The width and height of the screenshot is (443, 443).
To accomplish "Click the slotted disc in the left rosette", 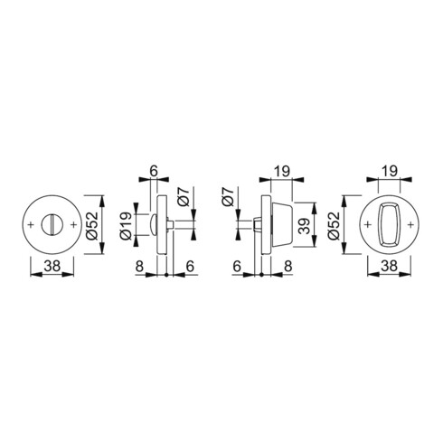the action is (x=52, y=224).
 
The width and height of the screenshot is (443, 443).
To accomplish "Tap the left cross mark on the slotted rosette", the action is (x=30, y=224).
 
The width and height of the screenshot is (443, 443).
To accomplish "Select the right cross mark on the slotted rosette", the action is (x=73, y=224).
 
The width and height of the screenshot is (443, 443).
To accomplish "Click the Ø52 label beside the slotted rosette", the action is (x=92, y=225).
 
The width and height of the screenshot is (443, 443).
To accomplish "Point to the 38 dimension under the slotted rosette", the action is (x=52, y=266).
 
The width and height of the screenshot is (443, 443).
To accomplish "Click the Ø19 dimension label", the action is (x=126, y=226).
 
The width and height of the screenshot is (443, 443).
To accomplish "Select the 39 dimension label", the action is (x=306, y=226).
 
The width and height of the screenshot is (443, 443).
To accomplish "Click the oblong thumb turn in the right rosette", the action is (x=389, y=224).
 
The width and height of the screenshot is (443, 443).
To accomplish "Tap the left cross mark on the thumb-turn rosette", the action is (x=367, y=224).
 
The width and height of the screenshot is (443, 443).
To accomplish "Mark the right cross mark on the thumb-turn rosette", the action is (x=410, y=224).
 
